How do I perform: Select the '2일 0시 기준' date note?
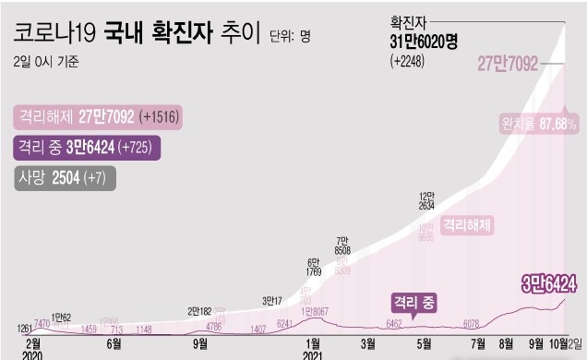point(47,63)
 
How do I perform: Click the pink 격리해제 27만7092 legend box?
point(97,117)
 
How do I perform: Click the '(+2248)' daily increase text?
point(413,61)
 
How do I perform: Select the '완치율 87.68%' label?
point(539,123)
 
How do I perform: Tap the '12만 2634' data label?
point(427,201)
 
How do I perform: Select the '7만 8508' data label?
point(341,246)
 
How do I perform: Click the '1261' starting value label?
point(23,328)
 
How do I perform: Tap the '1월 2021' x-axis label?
point(312,349)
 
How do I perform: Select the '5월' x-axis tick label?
point(425,343)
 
